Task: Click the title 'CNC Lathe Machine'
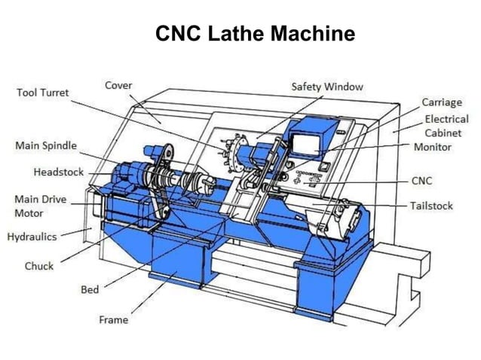click(255, 34)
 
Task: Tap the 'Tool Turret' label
click(43, 93)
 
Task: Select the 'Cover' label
click(118, 85)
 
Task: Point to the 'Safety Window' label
click(326, 87)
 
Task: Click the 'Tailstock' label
click(431, 205)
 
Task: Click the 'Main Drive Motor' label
click(41, 206)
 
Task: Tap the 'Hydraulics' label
click(32, 236)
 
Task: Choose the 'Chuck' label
click(39, 266)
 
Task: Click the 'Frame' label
click(114, 319)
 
